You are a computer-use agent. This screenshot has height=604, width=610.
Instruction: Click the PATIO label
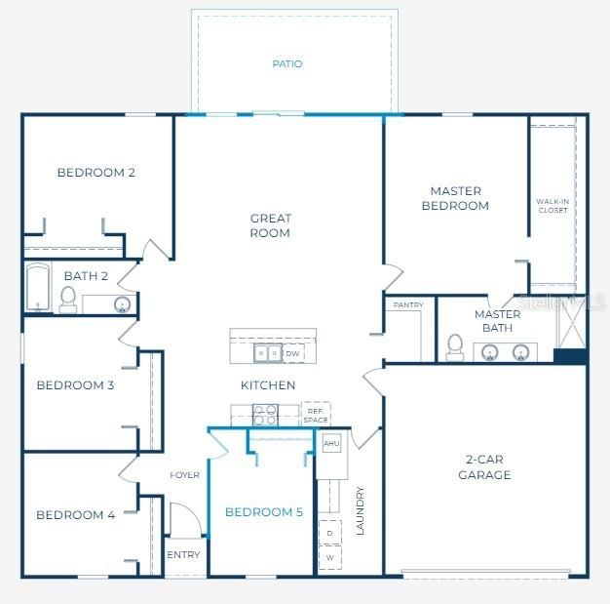tap(286, 64)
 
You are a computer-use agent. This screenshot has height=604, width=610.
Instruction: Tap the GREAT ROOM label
tap(270, 226)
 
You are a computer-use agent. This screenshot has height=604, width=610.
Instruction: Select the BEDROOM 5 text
tap(263, 512)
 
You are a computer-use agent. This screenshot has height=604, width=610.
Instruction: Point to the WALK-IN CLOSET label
tap(553, 206)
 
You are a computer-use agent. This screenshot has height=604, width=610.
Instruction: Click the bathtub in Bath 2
tap(38, 287)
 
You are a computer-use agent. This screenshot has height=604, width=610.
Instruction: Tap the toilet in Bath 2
tap(68, 301)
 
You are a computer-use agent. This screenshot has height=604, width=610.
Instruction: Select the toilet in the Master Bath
tap(455, 347)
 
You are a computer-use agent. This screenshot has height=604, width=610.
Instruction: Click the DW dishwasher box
tap(292, 354)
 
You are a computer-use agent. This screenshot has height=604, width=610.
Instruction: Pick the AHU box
tap(331, 443)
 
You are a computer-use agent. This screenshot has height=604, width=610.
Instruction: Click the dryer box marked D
tap(330, 534)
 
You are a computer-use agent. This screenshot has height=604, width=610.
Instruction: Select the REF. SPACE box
tap(315, 415)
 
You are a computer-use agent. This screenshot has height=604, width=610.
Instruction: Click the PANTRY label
tap(407, 305)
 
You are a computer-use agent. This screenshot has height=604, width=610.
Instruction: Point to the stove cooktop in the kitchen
tap(265, 415)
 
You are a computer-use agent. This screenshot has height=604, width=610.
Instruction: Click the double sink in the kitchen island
tap(268, 353)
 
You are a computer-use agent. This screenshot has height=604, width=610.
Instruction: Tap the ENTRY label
tap(183, 555)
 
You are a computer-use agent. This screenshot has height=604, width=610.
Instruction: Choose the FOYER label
tap(184, 475)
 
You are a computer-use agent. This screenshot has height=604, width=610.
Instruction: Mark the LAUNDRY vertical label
tap(360, 510)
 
